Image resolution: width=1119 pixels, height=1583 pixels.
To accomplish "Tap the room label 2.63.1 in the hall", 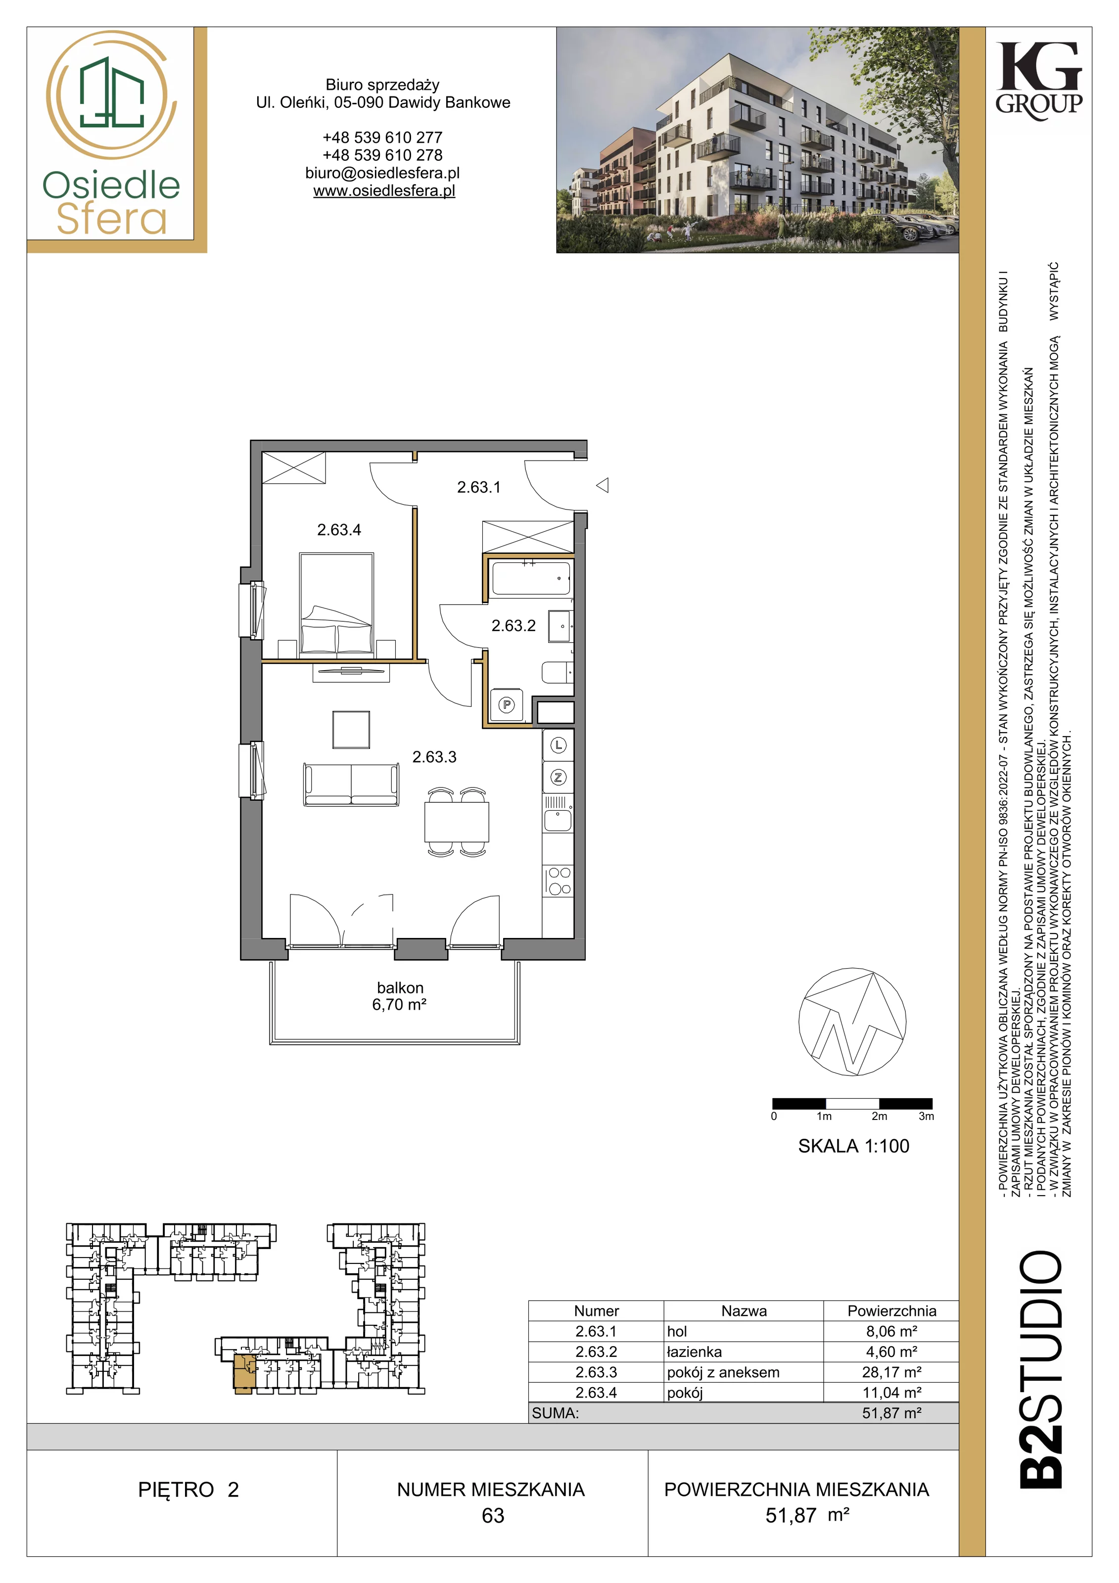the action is [478, 487].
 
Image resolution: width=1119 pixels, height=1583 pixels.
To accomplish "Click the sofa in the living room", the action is [351, 784].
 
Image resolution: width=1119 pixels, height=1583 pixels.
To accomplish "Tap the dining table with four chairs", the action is [457, 822].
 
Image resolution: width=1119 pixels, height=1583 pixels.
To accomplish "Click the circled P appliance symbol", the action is [507, 704].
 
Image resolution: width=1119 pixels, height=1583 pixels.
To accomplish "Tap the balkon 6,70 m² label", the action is [400, 996].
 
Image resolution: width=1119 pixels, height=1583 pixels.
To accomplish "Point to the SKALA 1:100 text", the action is [853, 1146].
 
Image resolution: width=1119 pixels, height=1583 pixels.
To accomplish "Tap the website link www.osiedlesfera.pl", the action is [384, 191].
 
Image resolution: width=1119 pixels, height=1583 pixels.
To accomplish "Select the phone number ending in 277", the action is [383, 137].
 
